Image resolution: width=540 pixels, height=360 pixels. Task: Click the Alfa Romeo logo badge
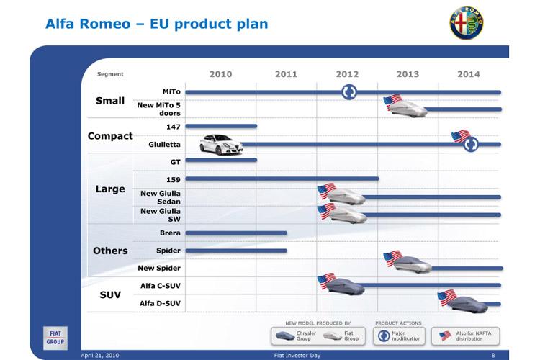(467, 22)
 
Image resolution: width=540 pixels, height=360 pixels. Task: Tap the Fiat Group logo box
(55, 338)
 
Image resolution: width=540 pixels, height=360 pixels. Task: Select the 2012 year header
(347, 74)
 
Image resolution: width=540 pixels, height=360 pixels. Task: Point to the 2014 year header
(469, 74)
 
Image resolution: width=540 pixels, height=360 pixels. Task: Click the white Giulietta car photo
(221, 145)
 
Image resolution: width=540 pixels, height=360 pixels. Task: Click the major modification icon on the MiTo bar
(349, 92)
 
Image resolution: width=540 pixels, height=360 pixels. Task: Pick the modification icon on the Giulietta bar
(470, 144)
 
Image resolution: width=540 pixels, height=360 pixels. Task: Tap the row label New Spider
(159, 268)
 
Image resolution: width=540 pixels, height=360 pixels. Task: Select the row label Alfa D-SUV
(160, 303)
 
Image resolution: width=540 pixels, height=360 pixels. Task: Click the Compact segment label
(110, 136)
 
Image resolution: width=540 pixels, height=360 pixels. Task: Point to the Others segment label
(110, 251)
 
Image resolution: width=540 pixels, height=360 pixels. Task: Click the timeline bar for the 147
(221, 126)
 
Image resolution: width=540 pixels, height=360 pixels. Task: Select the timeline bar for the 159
(282, 179)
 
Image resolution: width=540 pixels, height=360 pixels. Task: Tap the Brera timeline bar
(236, 233)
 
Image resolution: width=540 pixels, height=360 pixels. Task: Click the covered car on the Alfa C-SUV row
(345, 286)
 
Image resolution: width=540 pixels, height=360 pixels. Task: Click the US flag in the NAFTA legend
(445, 336)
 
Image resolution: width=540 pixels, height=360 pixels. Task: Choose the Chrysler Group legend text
(306, 336)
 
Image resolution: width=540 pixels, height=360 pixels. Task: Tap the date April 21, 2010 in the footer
(100, 355)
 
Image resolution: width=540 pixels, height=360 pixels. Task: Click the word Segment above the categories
(110, 74)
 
